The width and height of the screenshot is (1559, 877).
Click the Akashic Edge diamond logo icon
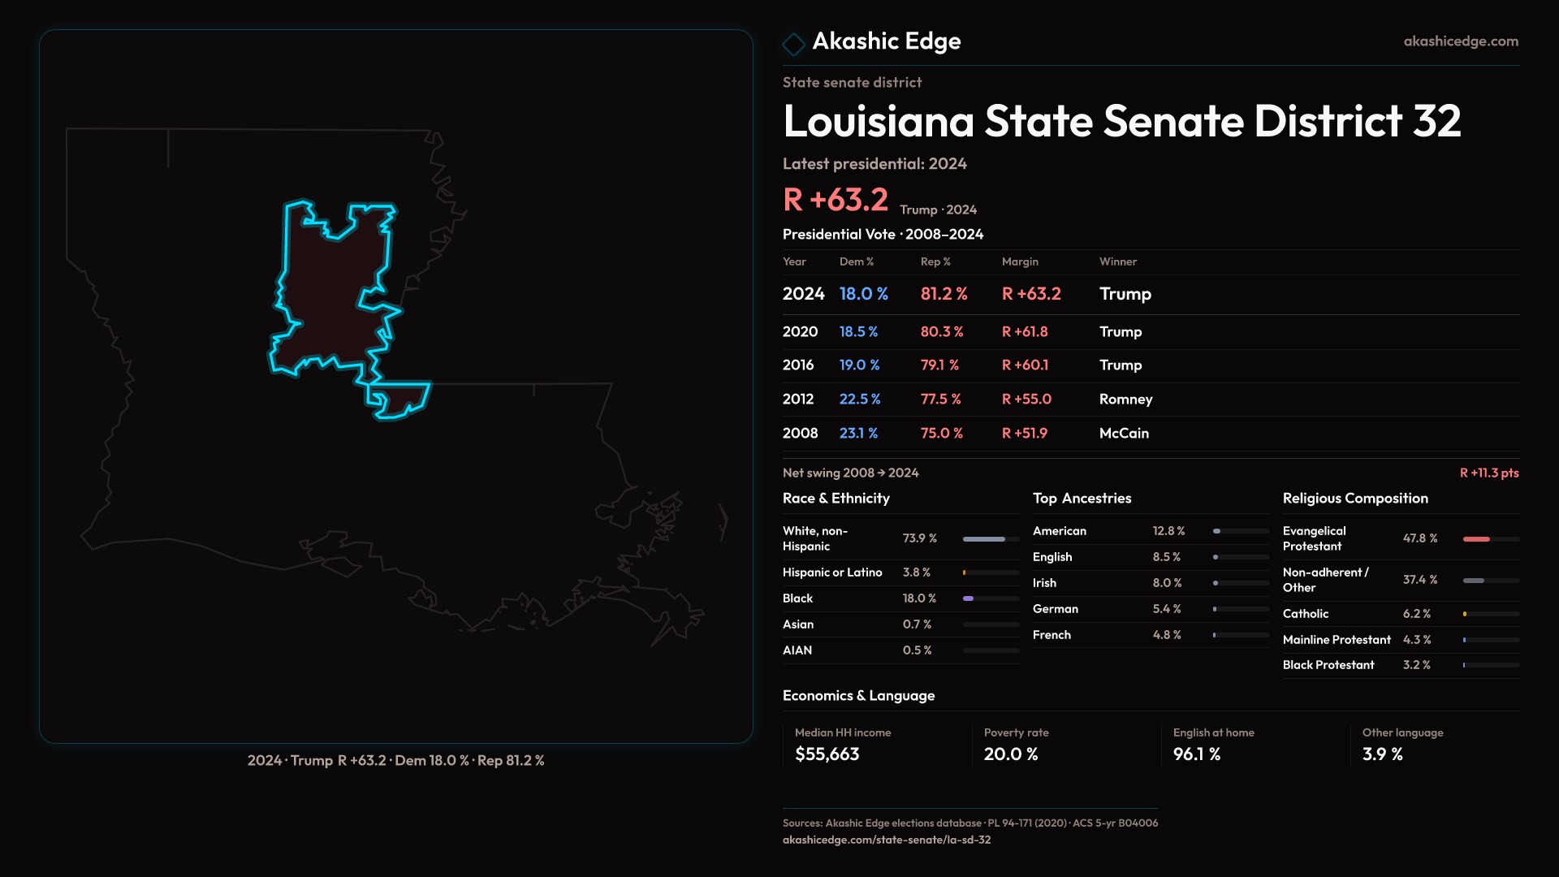pos(793,43)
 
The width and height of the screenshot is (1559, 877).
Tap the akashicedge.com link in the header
pos(1460,41)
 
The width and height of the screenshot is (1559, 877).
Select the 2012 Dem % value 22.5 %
pos(859,400)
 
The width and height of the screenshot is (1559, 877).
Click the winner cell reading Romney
pos(1125,400)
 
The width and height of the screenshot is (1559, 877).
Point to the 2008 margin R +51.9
pos(1024,434)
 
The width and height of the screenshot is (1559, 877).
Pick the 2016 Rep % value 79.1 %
pos(939,365)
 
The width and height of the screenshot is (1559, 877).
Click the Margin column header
pos(1020,261)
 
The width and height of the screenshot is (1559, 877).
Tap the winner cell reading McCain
pos(1124,434)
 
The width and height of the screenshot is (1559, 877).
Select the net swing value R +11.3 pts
pos(1488,473)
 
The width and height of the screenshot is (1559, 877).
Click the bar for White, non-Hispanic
pos(984,539)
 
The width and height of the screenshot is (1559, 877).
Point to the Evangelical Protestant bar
pos(1476,539)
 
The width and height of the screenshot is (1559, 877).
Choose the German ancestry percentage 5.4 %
pos(1167,609)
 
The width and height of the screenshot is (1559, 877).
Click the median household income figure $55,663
pos(827,754)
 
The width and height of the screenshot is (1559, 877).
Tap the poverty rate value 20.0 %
pos(1011,754)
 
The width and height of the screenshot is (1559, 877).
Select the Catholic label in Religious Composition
pos(1306,614)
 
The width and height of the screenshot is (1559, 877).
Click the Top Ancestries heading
pos(1082,499)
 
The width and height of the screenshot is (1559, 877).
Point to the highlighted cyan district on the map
pos(333,300)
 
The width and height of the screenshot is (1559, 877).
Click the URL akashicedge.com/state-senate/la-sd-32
pos(886,840)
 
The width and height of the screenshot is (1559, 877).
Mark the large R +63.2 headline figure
pos(836,200)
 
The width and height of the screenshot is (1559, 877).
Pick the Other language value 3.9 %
pos(1382,754)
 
